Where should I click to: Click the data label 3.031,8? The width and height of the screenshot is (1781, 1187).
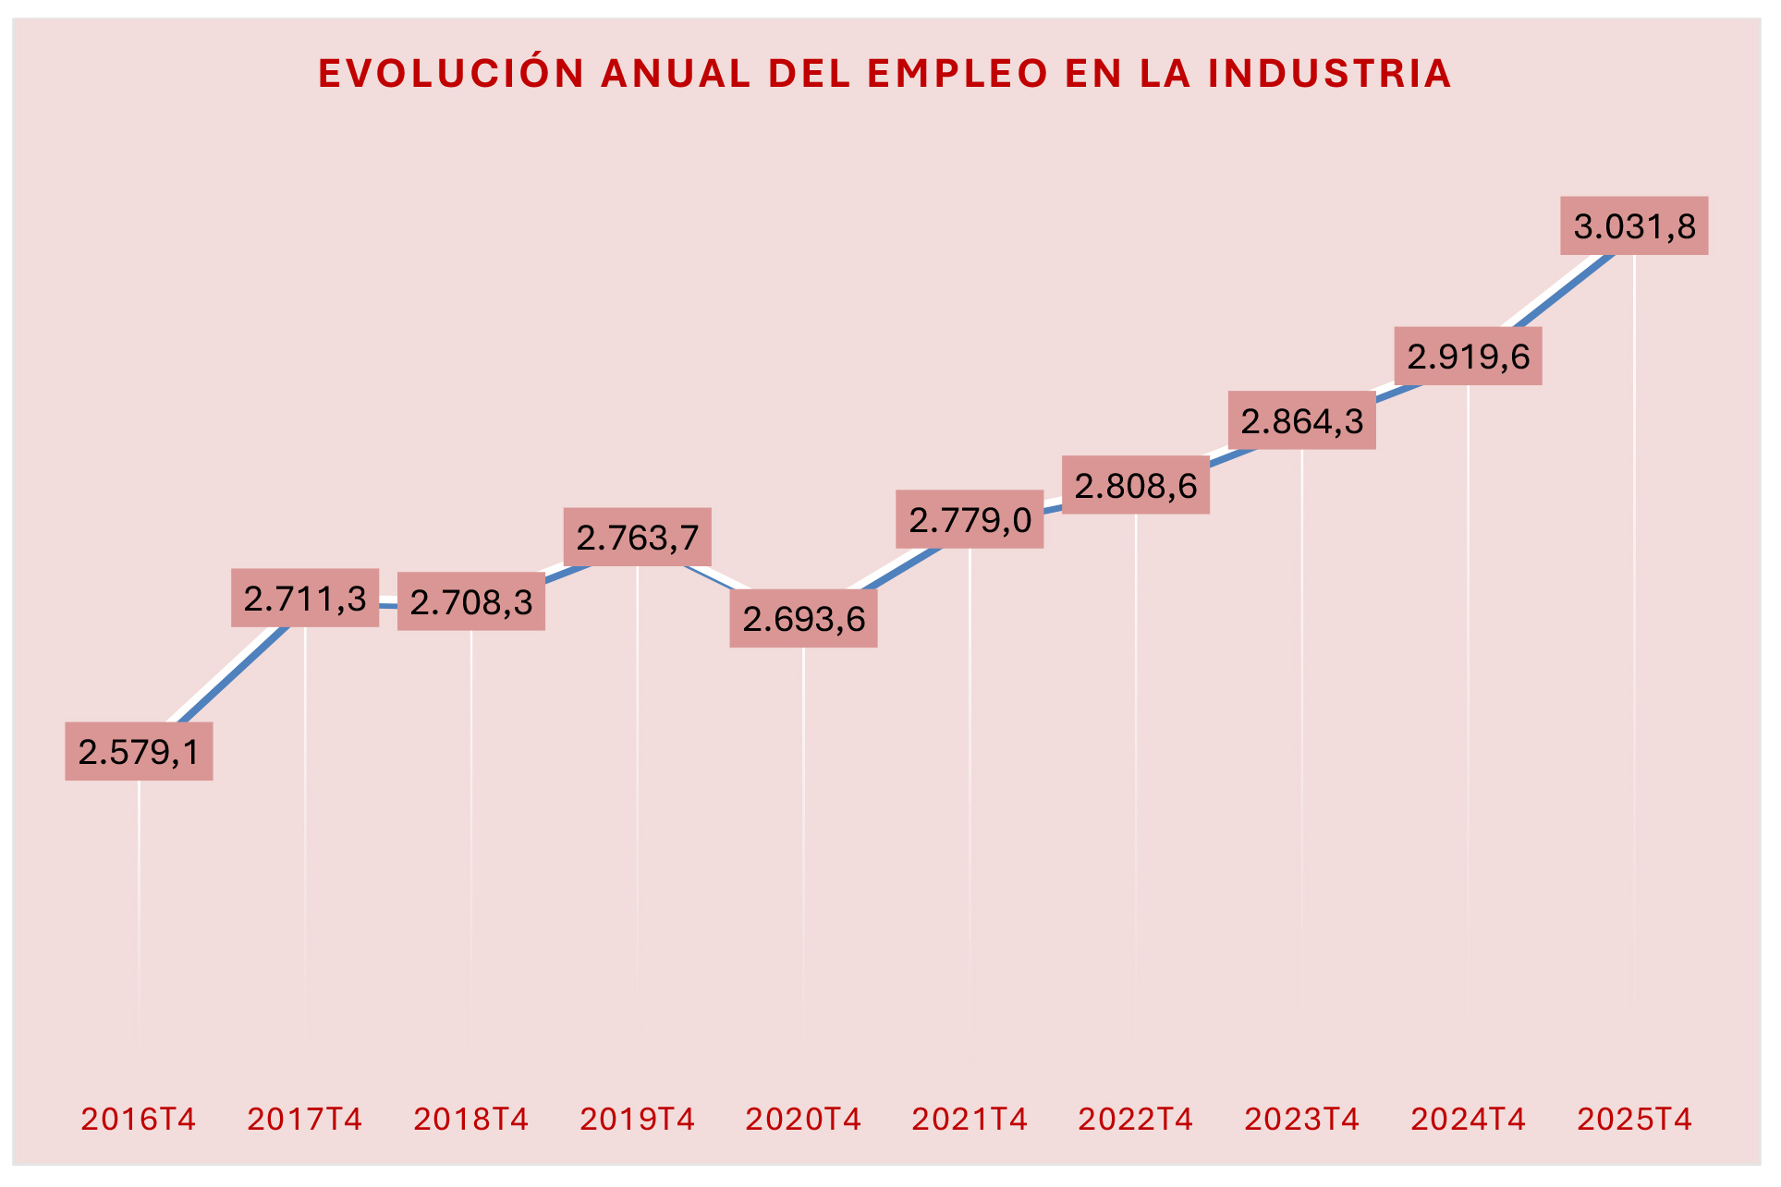point(1633,226)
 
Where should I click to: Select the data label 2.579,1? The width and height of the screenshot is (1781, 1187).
point(139,752)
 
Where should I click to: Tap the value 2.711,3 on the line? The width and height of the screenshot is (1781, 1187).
point(305,599)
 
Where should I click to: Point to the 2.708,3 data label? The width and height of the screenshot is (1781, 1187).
point(471,602)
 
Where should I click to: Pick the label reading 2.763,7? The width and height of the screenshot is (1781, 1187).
point(637,538)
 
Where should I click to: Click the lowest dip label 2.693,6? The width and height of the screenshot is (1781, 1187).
point(803,619)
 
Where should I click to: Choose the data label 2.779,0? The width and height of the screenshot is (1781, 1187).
point(970,520)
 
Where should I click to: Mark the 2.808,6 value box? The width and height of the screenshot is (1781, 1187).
point(1135,486)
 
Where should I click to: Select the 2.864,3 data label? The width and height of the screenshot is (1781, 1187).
point(1301,421)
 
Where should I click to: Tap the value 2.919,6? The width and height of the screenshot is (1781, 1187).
point(1468,357)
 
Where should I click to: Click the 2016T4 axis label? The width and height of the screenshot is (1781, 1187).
point(139,1120)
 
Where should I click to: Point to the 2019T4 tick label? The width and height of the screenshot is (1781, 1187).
point(637,1120)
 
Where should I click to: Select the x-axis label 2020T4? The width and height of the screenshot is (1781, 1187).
point(803,1120)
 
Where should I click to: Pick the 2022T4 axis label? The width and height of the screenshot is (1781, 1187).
point(1135,1120)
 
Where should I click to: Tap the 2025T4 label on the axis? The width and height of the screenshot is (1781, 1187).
point(1633,1120)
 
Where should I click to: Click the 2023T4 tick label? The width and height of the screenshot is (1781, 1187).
point(1301,1120)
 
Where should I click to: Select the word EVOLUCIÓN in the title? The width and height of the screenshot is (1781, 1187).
point(451,74)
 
